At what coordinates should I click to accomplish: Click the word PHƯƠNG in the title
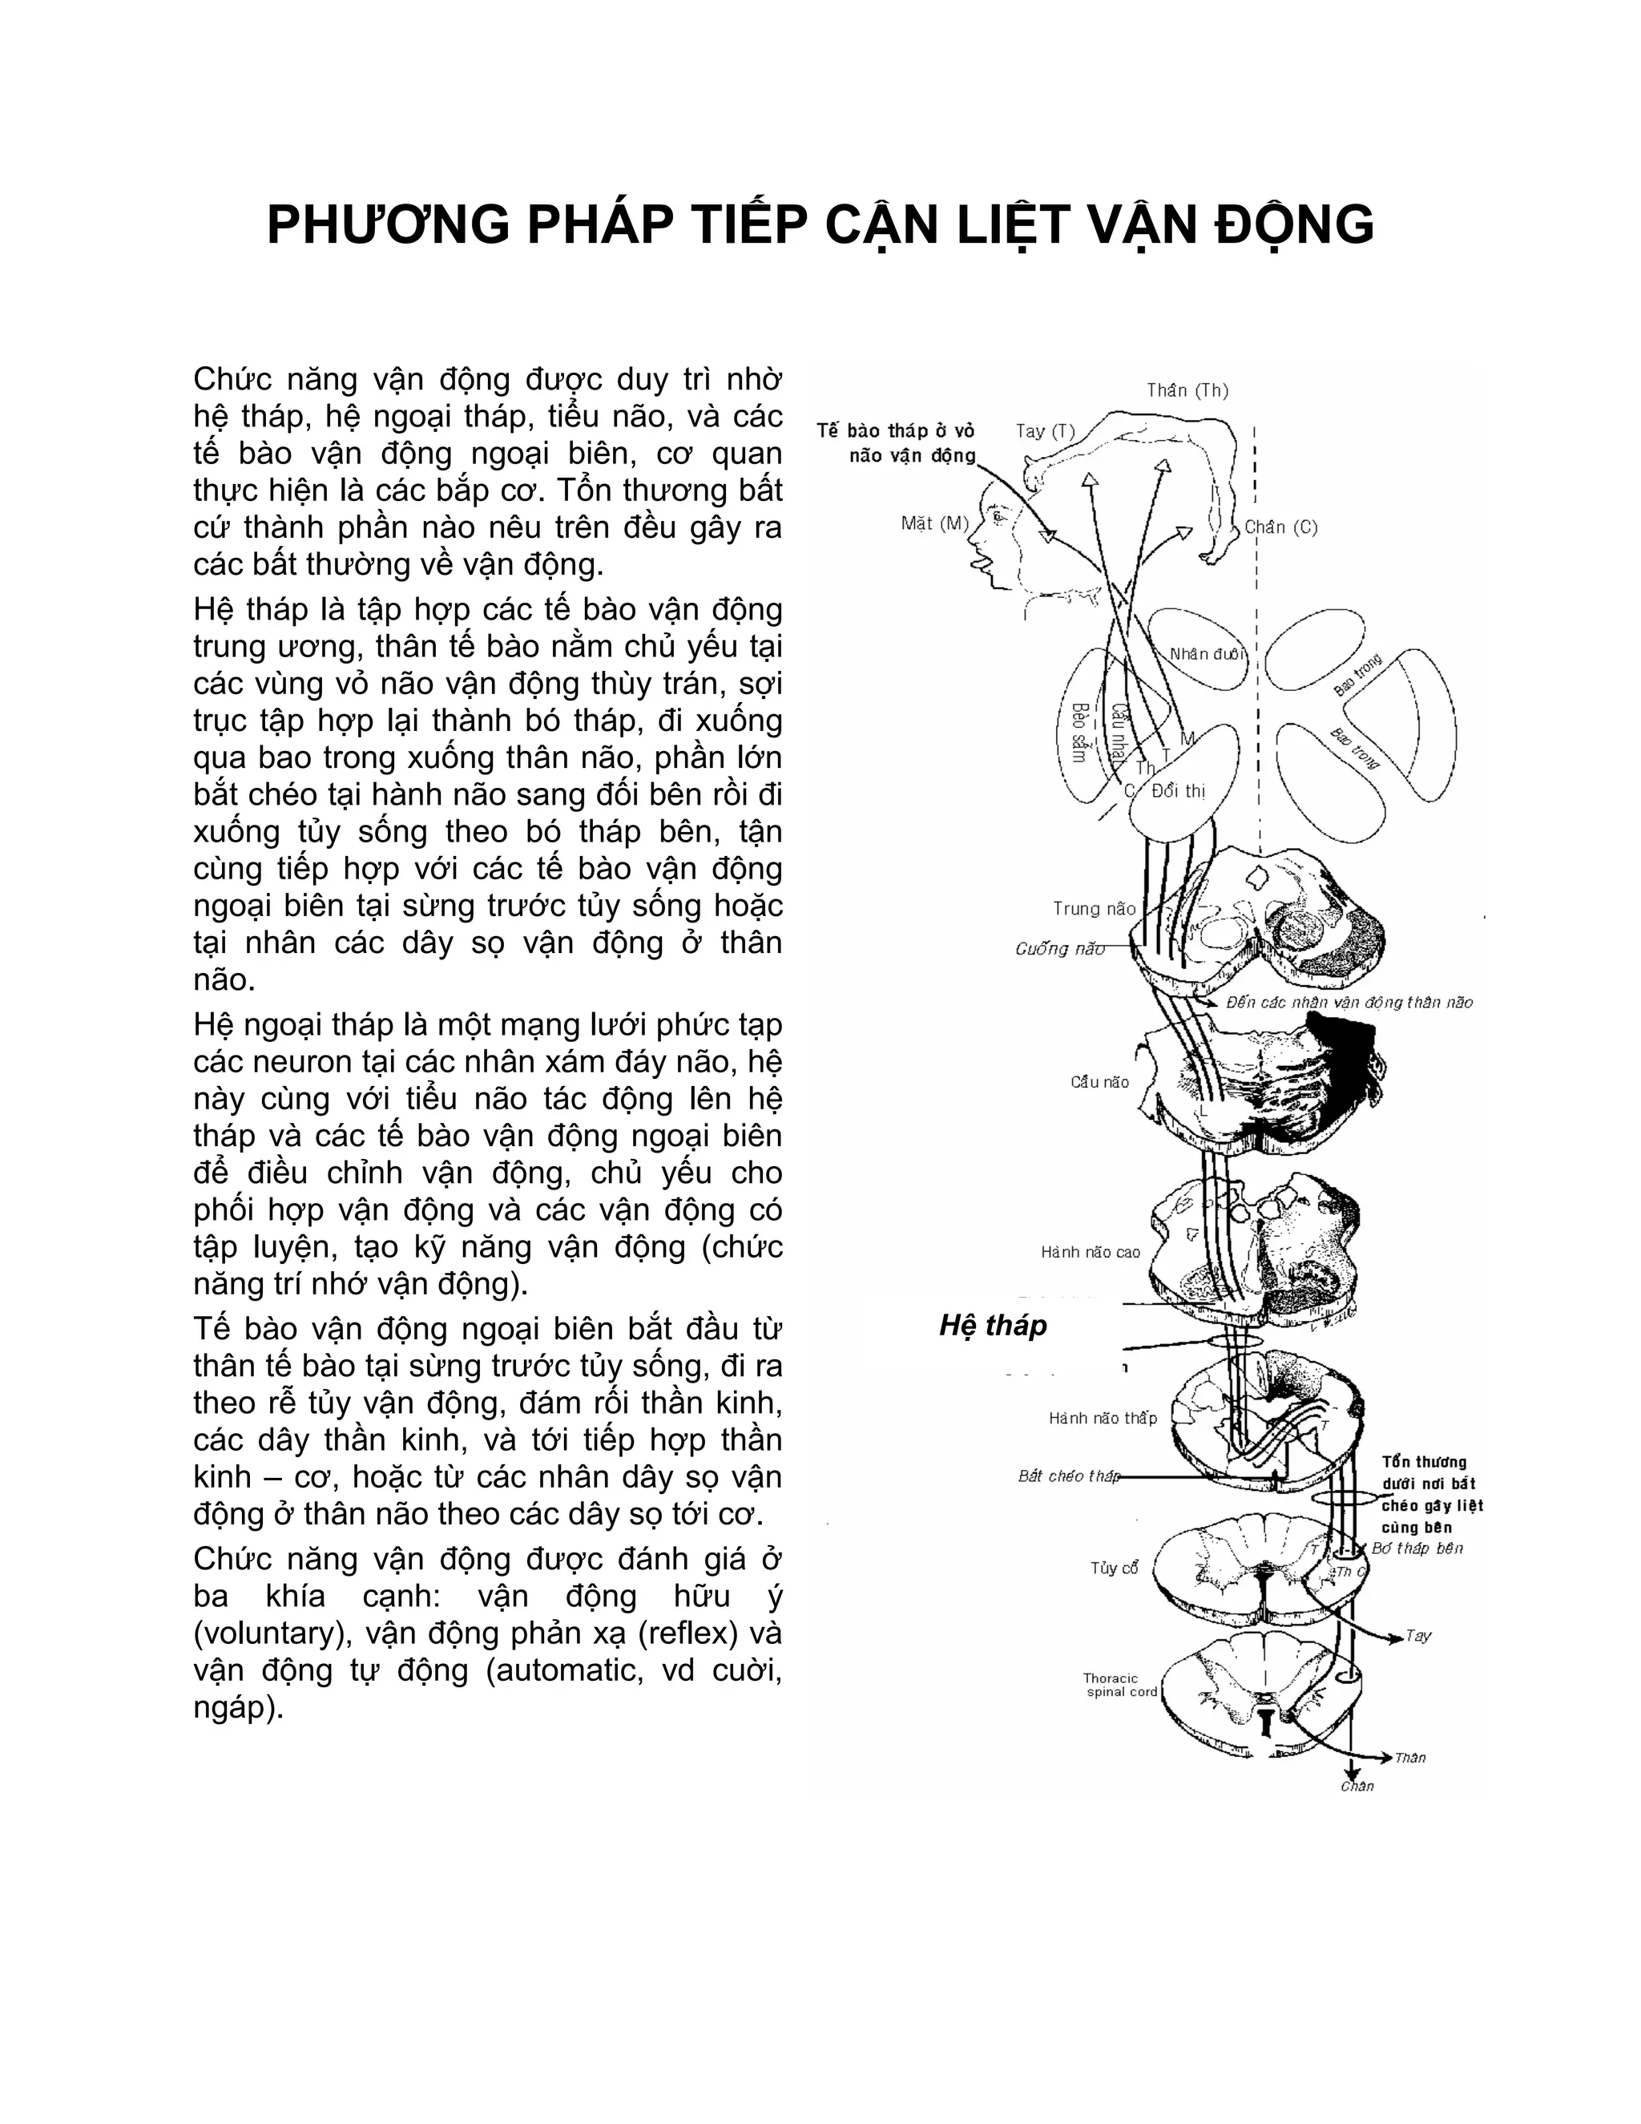click(388, 226)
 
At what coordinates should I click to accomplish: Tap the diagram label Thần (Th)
click(1187, 391)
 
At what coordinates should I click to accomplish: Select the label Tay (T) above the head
click(1045, 431)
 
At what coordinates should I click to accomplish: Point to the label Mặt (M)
click(935, 523)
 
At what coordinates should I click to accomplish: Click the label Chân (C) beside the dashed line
click(1281, 527)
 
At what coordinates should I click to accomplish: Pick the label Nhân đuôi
click(1207, 653)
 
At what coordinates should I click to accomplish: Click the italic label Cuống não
click(1059, 949)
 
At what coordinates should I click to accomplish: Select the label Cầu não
click(1099, 1082)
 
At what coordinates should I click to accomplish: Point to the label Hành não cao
click(1090, 1253)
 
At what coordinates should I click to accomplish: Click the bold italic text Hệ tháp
click(993, 1326)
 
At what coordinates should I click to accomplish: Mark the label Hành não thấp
click(1103, 1419)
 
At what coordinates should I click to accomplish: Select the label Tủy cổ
click(1114, 1569)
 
